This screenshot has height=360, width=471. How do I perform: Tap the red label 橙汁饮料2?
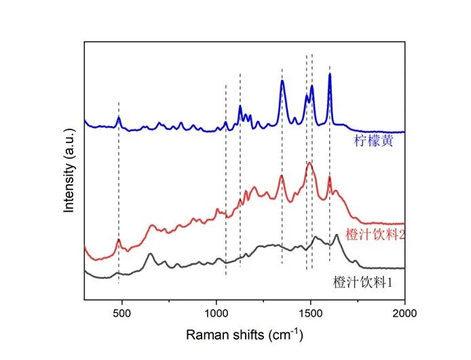pos(375,234)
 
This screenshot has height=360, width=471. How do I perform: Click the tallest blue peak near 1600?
pos(330,74)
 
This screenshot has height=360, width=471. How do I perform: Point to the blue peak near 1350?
pos(282,81)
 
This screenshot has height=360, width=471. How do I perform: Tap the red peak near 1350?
pos(282,176)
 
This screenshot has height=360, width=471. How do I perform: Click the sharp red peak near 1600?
pos(330,178)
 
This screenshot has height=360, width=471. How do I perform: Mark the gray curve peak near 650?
pos(149,254)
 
